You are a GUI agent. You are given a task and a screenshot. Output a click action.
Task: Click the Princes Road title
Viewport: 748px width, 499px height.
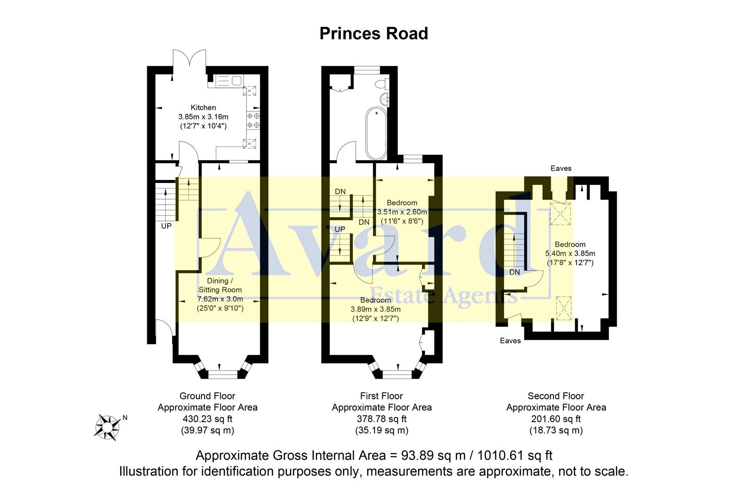pos(374,34)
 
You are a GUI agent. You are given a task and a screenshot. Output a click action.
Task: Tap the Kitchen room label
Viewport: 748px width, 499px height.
pos(203,108)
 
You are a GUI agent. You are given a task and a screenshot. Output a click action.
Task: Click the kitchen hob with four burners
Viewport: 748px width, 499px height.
pos(253,120)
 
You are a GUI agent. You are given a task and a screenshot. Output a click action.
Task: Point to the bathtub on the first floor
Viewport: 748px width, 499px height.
pos(376,133)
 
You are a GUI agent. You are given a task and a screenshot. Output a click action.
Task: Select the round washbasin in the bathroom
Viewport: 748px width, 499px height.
pos(384,98)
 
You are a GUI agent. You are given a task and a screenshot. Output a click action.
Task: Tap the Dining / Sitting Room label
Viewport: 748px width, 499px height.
pos(220,285)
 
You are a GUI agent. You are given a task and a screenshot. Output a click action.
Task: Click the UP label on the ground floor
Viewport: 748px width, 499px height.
pos(166,226)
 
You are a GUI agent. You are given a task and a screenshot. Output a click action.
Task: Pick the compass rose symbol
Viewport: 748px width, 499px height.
pos(107,426)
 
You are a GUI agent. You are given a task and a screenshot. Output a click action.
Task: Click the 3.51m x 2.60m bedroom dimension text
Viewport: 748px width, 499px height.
pos(402,212)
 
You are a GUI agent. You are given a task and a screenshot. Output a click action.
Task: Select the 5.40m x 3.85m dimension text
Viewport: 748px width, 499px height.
pos(570,254)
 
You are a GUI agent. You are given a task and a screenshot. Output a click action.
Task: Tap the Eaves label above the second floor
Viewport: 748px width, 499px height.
pos(561,169)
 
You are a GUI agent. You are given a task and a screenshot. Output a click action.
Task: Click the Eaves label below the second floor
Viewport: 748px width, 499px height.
pos(510,341)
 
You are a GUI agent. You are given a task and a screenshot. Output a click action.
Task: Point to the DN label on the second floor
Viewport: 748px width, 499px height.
pos(514,273)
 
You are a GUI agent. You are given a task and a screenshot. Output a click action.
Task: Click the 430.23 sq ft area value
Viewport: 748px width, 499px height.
pos(207,419)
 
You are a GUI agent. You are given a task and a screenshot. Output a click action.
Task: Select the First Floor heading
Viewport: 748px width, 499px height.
pos(381,396)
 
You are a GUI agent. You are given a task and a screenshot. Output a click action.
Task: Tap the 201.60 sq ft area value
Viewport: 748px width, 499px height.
pos(556,419)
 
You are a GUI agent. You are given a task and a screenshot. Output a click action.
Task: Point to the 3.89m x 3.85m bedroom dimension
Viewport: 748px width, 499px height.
pos(375,310)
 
